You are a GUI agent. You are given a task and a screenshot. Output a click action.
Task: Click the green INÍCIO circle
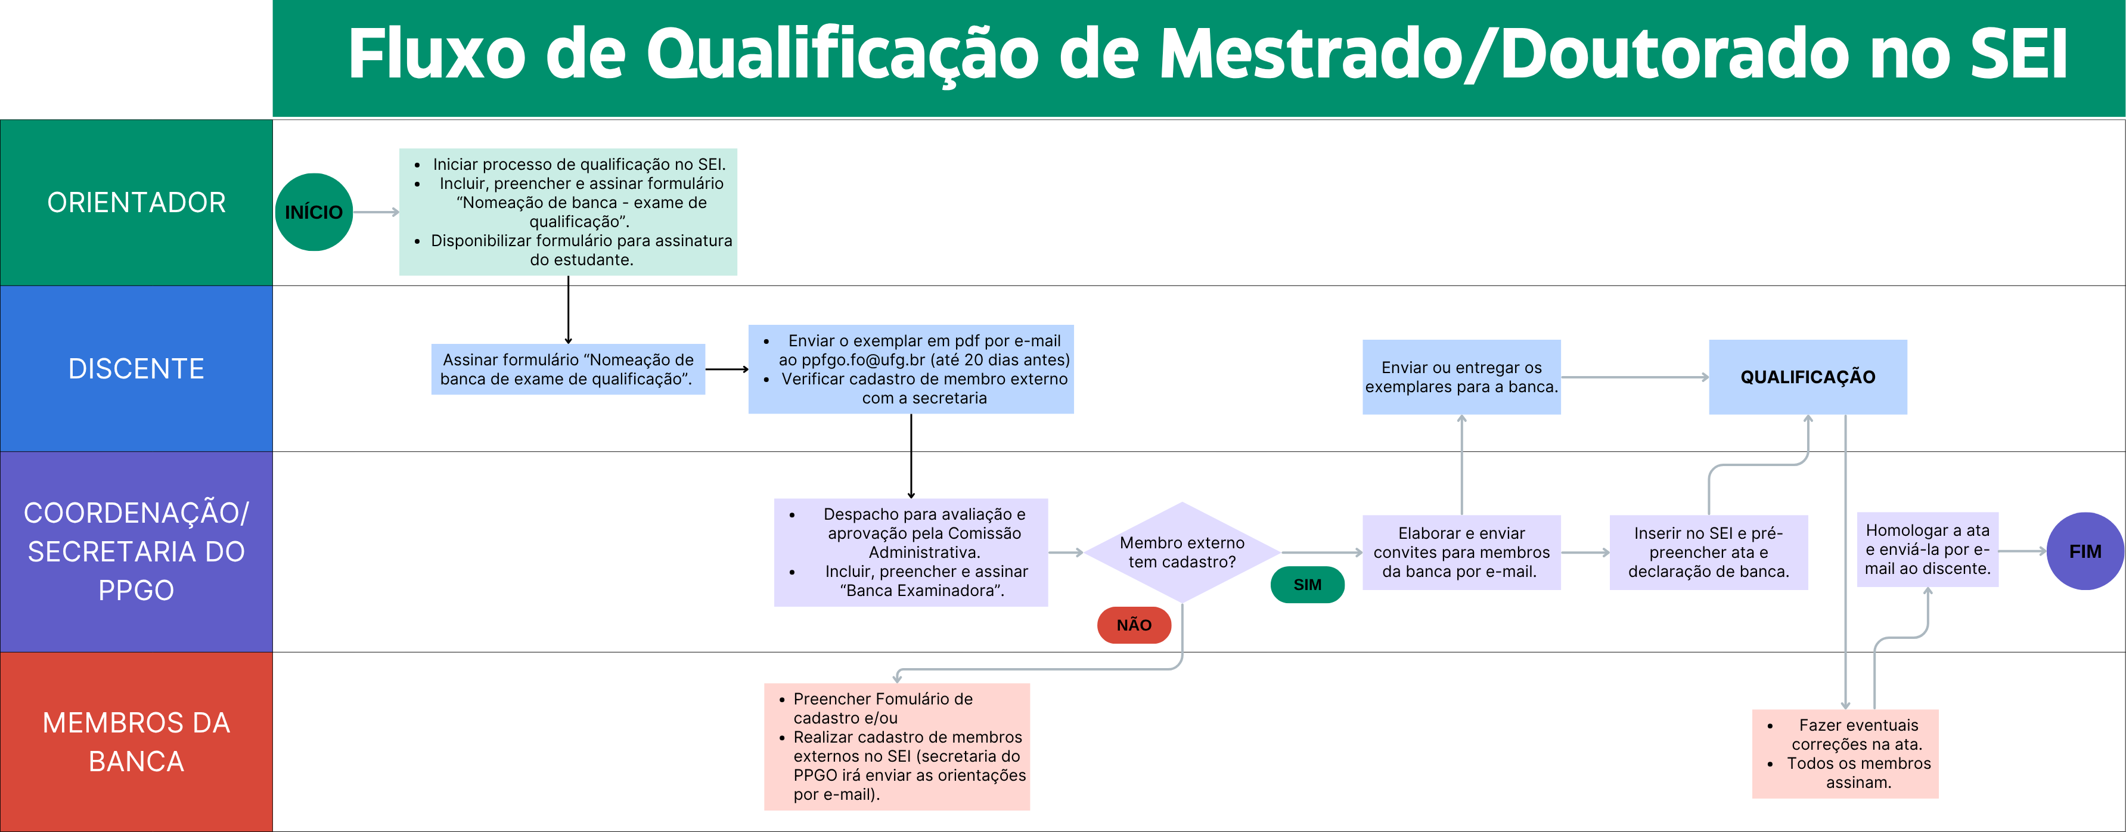[314, 212]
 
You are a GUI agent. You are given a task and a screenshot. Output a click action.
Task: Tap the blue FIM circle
[2085, 551]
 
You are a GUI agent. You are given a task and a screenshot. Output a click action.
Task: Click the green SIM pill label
[1307, 585]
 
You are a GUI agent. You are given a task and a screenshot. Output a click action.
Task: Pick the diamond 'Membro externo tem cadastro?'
[1182, 552]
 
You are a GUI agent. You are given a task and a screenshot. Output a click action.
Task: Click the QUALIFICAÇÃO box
[1808, 377]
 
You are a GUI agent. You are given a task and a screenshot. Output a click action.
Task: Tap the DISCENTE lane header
[136, 369]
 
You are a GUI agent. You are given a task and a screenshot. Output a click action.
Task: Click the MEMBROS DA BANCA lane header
[136, 742]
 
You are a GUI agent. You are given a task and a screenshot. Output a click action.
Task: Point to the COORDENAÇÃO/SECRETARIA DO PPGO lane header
[136, 551]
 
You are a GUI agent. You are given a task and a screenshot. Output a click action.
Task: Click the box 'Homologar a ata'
[1927, 550]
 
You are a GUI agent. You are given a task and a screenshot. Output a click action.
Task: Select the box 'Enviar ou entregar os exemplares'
[1461, 377]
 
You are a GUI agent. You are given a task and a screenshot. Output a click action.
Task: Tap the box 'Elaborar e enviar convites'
[1461, 552]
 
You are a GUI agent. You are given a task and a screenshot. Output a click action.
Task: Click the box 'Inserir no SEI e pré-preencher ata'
[1708, 552]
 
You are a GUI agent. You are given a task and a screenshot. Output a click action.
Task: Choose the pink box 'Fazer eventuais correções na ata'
[1845, 753]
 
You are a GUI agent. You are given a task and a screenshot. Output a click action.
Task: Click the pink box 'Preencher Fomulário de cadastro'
[897, 747]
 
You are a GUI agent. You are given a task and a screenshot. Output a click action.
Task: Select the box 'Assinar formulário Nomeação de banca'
[568, 369]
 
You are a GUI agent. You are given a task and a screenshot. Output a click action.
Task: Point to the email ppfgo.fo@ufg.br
[862, 360]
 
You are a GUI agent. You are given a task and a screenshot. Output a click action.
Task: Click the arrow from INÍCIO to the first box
[376, 212]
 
